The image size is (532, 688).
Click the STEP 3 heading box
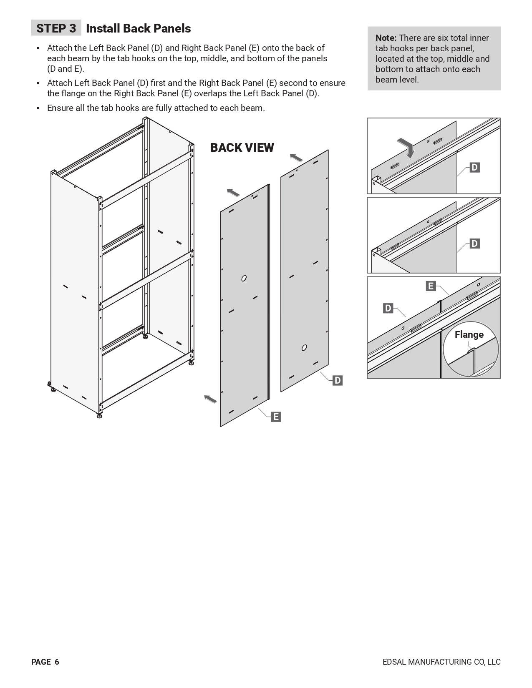pos(56,28)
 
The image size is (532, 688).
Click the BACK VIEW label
pos(242,148)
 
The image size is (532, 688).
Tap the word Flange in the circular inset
pos(469,334)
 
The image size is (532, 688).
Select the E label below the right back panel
pos(275,417)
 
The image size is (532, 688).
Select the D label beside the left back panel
pos(337,380)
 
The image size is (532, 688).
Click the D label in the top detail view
pos(474,168)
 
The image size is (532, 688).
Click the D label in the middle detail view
pos(474,244)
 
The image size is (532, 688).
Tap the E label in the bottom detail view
pos(431,286)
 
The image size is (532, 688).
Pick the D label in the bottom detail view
pos(388,309)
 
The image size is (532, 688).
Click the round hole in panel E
pos(244,278)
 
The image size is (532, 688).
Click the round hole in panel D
pos(304,347)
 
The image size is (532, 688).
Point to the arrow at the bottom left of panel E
pos(210,399)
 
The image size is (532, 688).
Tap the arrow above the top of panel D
pos(296,158)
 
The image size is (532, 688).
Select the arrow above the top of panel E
pos(233,192)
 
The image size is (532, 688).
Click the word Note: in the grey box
pos(386,38)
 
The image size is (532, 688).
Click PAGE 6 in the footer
pos(45,662)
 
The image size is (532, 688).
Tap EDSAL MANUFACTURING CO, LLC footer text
pos(441,662)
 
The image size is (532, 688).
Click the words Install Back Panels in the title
pos(138,28)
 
